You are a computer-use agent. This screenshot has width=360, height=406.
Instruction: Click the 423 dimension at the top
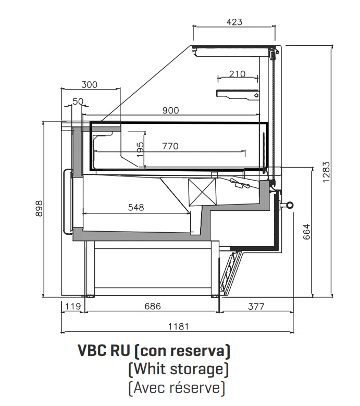click(234, 22)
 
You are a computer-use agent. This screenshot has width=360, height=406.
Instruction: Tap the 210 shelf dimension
click(237, 73)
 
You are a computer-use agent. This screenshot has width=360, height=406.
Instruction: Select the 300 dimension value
click(90, 85)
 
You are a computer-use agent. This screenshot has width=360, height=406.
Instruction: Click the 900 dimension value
click(170, 110)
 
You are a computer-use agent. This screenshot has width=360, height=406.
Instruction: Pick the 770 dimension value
click(170, 146)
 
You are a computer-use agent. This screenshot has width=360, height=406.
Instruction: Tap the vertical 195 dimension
click(140, 149)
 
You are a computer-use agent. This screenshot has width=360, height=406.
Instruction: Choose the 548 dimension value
click(135, 207)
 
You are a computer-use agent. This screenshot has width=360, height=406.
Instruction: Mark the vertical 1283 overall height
click(326, 172)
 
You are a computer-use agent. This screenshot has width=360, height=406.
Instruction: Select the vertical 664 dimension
click(306, 232)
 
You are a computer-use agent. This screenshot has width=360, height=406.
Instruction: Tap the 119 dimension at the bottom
click(72, 307)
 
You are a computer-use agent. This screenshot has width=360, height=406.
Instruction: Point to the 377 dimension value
click(255, 307)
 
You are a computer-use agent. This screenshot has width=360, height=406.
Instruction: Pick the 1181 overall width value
click(178, 327)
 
